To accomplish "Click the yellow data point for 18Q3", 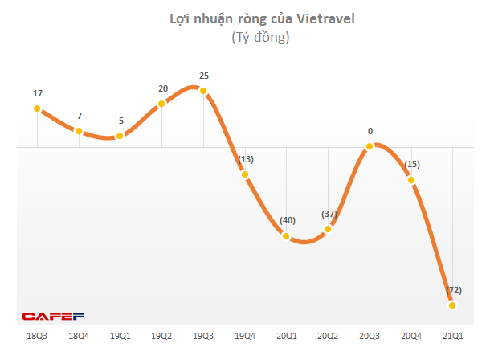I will [37, 109].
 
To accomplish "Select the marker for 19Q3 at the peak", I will [203, 91].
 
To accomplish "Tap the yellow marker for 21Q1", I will [452, 305].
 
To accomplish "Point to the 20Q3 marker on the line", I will [370, 146].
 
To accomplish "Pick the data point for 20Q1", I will [286, 235].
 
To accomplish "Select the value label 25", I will [204, 76].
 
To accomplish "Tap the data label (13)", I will [245, 159].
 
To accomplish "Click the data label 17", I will [38, 93].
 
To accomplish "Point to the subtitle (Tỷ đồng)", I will [259, 38].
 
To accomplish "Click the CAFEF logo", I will [53, 317].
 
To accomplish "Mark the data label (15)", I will [411, 164].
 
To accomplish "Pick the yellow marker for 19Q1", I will [120, 136].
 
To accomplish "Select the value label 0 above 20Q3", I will [370, 130].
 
